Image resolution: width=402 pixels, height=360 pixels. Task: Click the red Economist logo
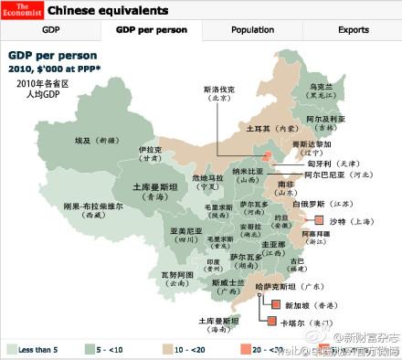19,11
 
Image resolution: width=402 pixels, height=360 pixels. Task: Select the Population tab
252,30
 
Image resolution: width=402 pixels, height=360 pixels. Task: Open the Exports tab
353,30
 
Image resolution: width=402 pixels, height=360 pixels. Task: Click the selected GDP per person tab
151,30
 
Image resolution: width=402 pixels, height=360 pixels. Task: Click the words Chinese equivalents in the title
108,11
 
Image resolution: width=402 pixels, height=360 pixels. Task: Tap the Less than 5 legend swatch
14,348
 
